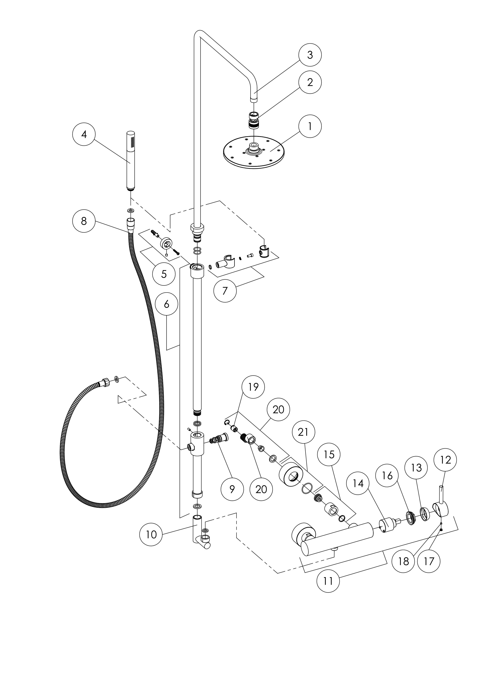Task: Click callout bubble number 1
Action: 310,126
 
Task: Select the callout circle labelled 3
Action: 310,55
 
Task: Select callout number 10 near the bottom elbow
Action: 151,534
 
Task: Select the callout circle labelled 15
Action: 329,454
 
